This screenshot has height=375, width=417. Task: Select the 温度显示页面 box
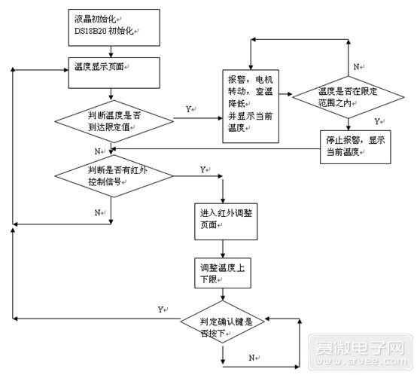pos(112,72)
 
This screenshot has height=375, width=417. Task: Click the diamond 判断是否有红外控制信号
pos(113,175)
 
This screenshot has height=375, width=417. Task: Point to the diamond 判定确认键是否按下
pos(225,326)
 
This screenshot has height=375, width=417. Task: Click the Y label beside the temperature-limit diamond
pos(188,110)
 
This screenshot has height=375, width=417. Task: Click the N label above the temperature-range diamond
pos(356,66)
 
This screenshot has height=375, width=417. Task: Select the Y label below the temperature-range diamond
pos(377,121)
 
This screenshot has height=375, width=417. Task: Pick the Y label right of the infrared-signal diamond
pos(203,169)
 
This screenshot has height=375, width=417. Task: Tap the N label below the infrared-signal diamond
pos(97,213)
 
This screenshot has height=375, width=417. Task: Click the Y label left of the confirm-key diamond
pos(161,309)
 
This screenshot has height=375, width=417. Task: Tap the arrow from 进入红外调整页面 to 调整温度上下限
pos(223,246)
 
